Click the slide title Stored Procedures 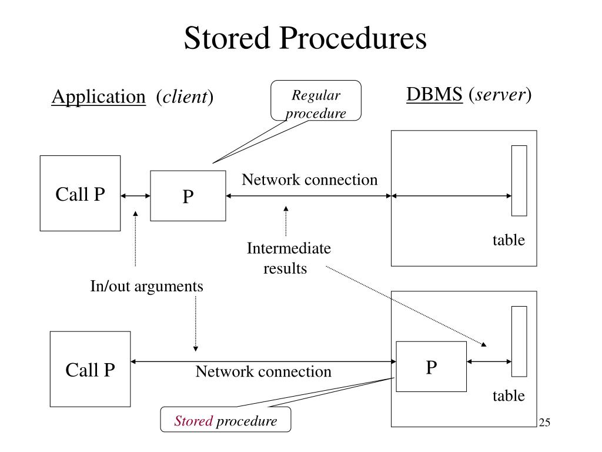click(305, 38)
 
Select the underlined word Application click(99, 97)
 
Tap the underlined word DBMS click(434, 94)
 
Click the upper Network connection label click(309, 180)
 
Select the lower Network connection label click(263, 371)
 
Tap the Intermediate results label click(289, 258)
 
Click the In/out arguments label click(146, 287)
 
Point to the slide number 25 click(544, 422)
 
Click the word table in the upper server click(509, 240)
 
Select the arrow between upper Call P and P click(136, 195)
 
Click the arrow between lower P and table click(489, 361)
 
